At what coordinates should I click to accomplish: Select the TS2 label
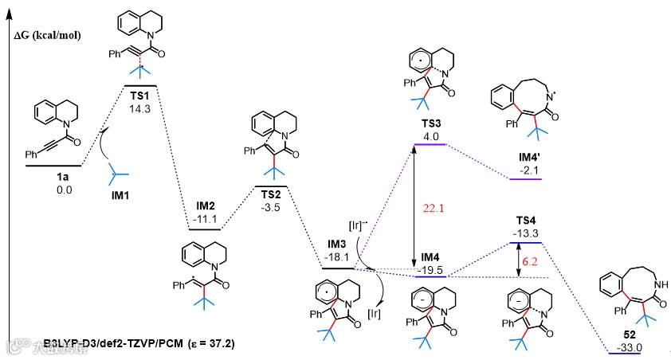tap(271, 194)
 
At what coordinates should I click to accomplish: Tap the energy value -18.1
tap(339, 258)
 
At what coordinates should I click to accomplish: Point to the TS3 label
tap(430, 125)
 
